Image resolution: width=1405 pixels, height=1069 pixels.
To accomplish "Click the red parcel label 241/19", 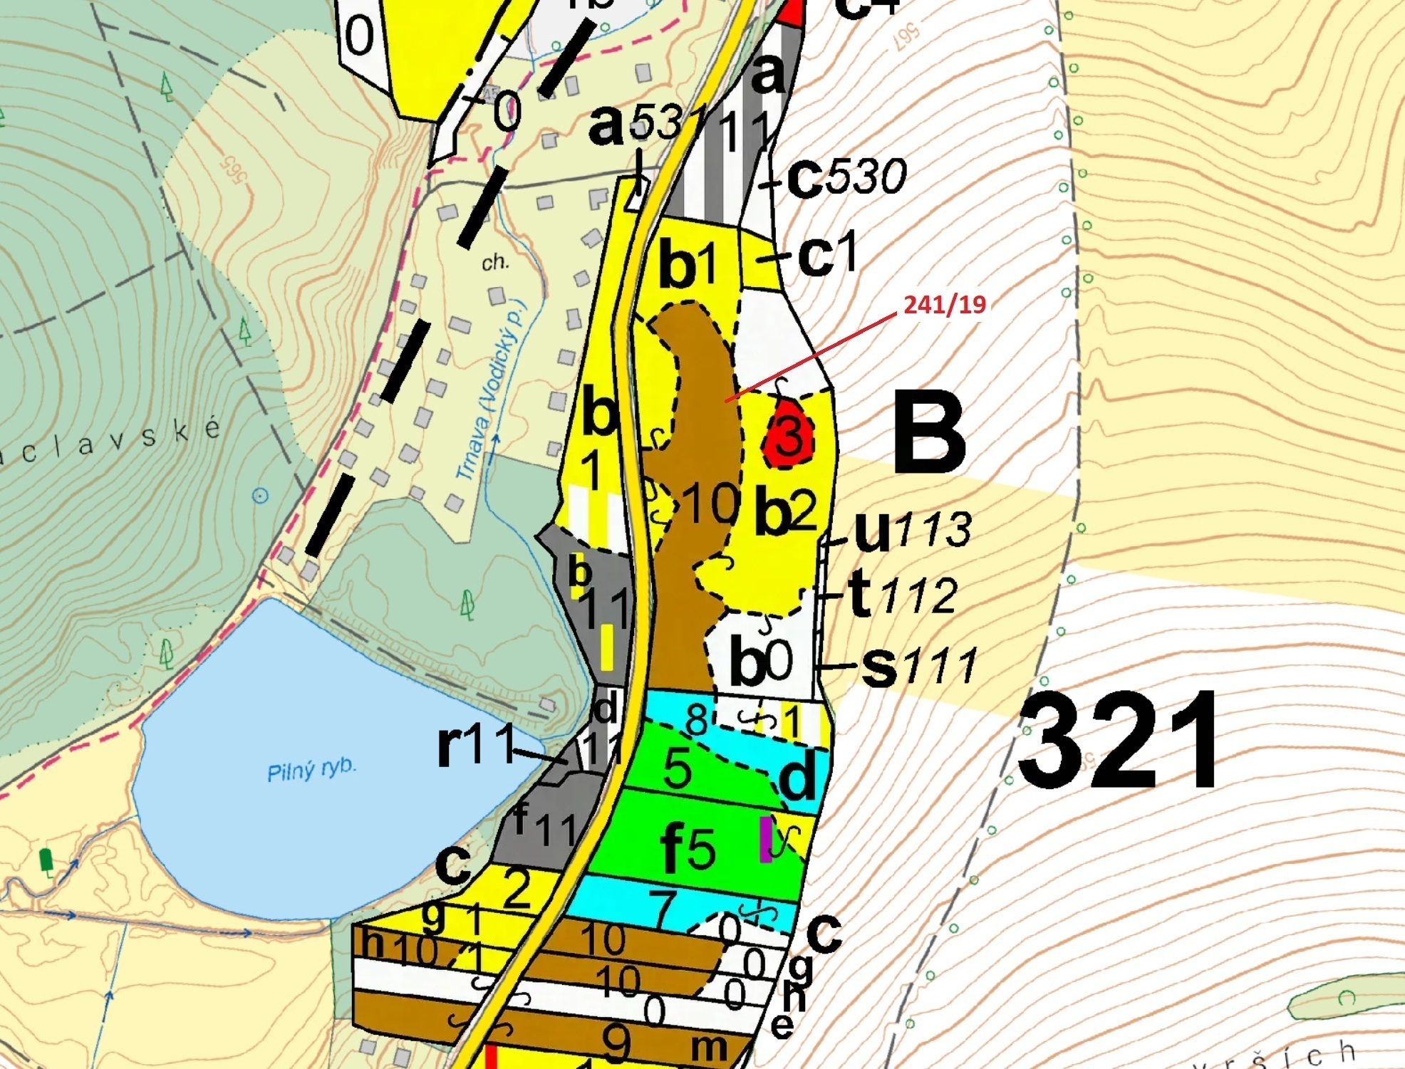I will coord(944,305).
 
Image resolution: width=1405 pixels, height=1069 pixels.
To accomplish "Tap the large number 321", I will coord(1119,741).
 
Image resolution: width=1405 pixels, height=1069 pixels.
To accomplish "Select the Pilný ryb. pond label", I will coord(311,769).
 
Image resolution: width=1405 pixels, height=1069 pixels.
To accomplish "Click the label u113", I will coord(912,531).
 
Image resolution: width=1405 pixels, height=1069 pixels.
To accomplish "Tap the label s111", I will coord(918,665).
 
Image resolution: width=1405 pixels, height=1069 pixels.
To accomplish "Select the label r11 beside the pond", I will coord(475,745).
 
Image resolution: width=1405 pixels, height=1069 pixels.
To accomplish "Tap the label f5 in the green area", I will coord(688,848).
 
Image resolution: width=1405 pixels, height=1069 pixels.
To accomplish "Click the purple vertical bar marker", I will coord(766,838).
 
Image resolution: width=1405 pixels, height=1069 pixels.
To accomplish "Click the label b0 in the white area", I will coord(760,662).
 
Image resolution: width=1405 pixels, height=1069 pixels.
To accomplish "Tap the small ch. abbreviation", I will coord(494,263).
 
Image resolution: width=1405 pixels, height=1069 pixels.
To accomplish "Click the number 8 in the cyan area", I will coord(695,719).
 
